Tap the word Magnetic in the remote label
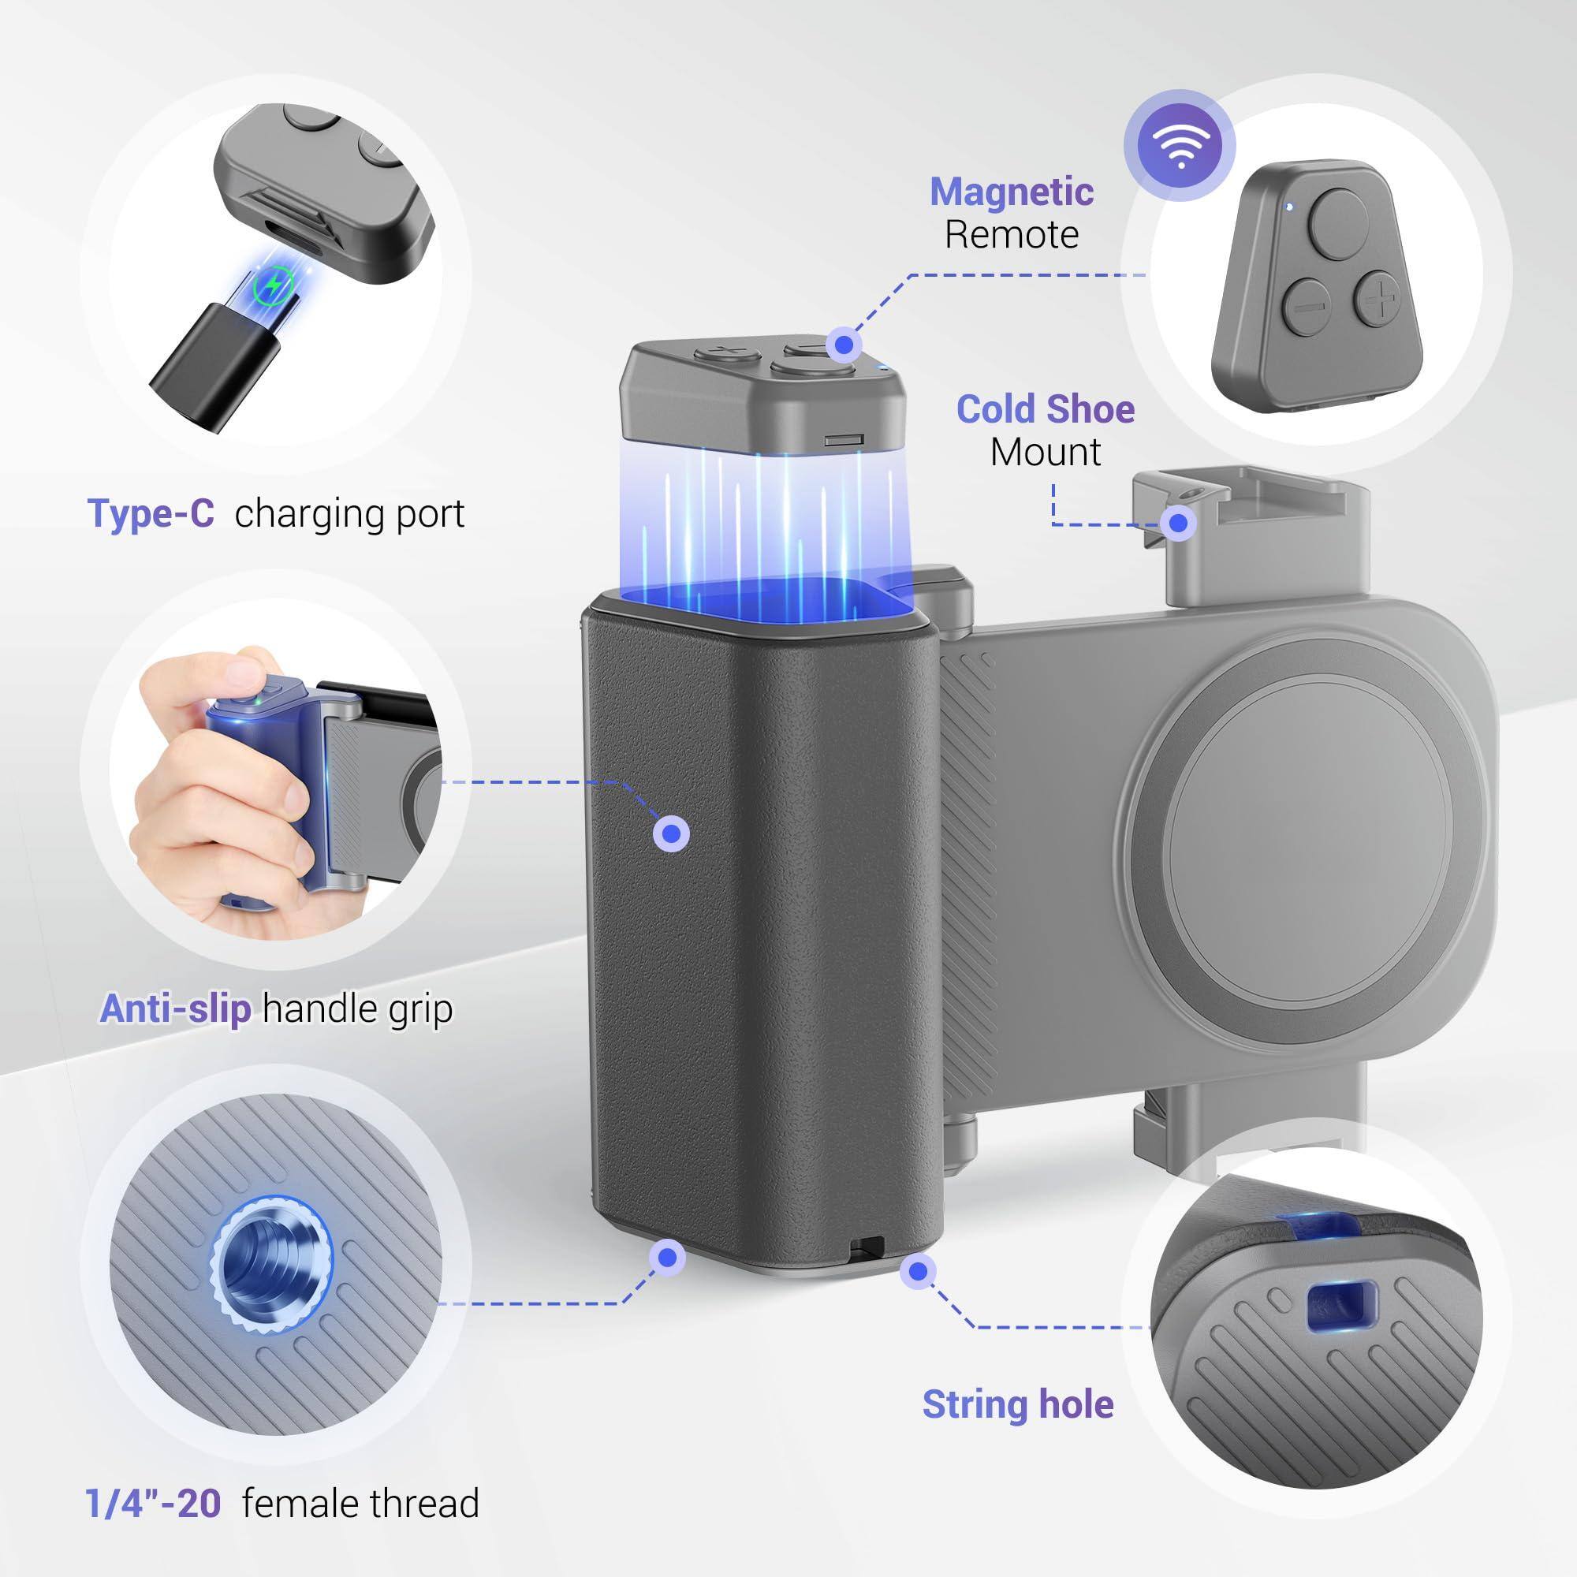click(x=1012, y=192)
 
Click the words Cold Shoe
click(x=1045, y=410)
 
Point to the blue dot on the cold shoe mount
click(x=1178, y=523)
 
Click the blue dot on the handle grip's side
click(x=672, y=833)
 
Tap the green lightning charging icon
click(x=274, y=285)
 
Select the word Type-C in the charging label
click(x=150, y=513)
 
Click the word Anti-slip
click(x=175, y=1009)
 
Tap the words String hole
click(x=1018, y=1404)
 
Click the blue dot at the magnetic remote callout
click(x=844, y=345)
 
